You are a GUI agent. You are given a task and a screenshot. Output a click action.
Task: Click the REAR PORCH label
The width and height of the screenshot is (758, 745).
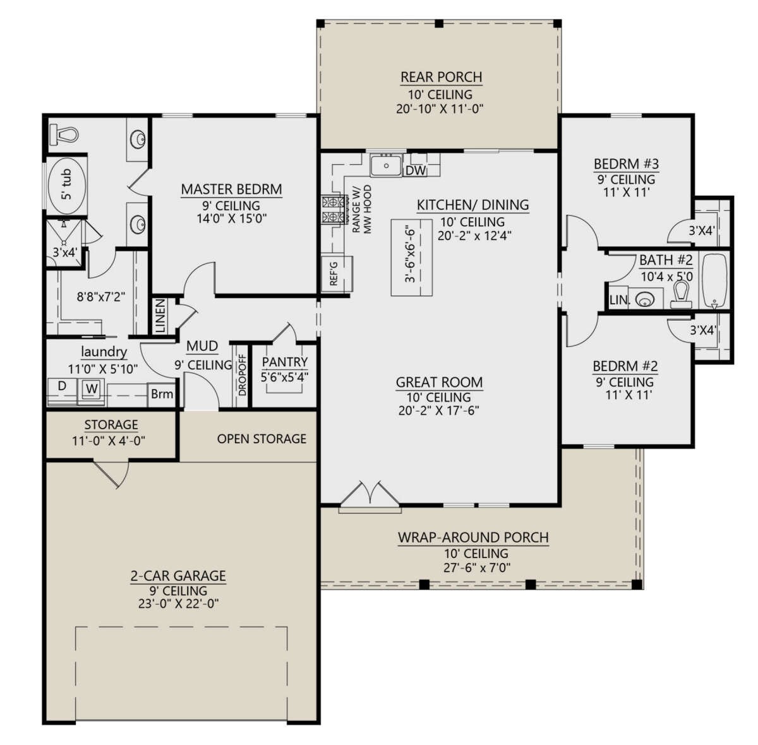[441, 77]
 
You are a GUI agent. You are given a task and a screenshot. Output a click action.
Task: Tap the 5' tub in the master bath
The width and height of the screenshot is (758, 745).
[66, 184]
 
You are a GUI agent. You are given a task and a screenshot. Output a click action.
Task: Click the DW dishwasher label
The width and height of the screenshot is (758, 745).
[415, 170]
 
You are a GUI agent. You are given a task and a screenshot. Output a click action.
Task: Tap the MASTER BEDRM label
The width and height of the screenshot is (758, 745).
[231, 189]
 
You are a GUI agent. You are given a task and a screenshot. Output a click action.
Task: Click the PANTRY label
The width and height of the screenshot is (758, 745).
[284, 362]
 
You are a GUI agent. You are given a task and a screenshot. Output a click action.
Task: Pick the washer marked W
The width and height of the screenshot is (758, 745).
[92, 389]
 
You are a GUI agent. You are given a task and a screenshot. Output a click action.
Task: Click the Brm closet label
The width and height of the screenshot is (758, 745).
[162, 394]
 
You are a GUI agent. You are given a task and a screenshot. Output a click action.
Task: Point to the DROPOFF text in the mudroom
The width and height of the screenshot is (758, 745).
[243, 378]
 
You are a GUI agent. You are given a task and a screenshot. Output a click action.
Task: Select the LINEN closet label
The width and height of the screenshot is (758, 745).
[160, 316]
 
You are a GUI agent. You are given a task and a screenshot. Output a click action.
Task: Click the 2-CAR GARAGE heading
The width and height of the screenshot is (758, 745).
[177, 576]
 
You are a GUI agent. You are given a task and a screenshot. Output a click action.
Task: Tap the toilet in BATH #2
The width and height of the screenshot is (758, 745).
[680, 294]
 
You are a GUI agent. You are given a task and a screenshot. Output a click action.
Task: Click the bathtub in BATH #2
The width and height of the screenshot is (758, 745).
[716, 280]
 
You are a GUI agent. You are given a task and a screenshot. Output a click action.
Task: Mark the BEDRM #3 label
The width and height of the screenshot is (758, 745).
[626, 164]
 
